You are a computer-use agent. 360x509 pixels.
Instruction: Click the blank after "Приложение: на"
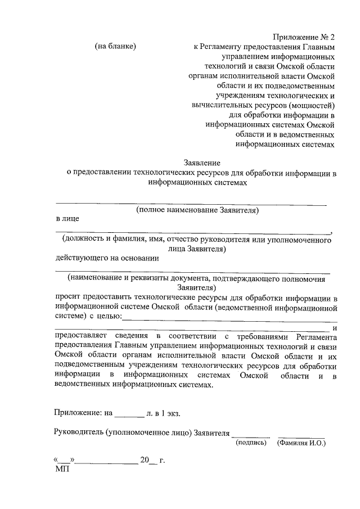click(129, 414)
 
